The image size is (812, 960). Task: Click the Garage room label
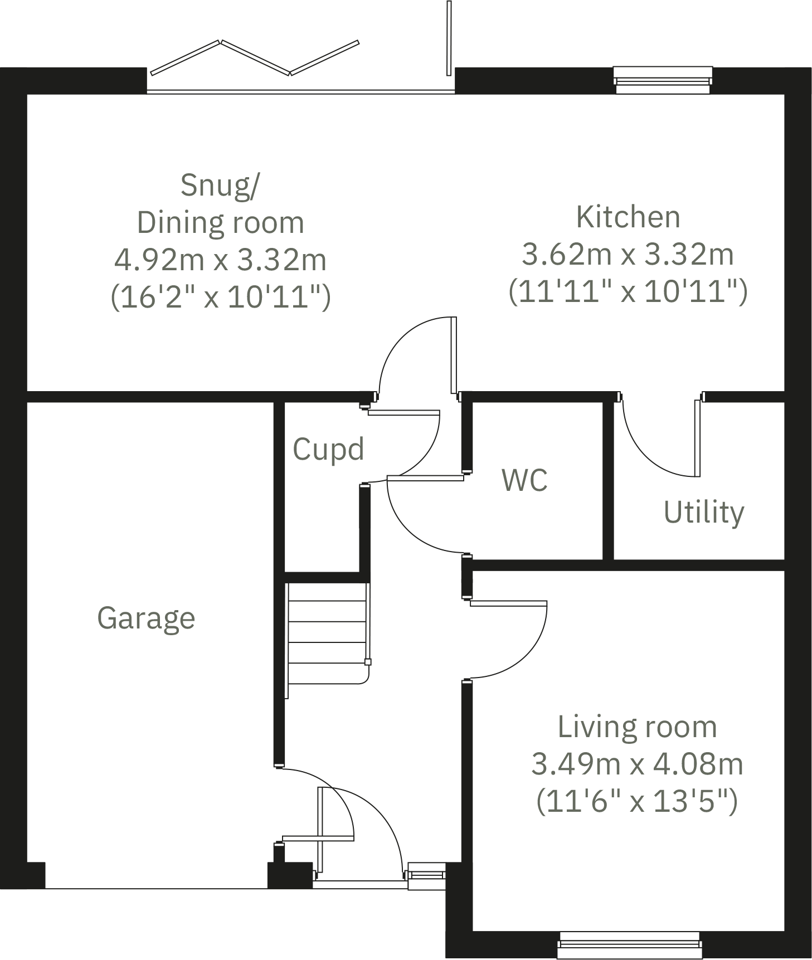tap(146, 618)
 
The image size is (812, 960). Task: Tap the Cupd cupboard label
tap(328, 449)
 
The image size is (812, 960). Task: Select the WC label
tap(524, 480)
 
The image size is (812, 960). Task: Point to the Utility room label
tap(703, 512)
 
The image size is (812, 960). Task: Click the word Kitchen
tap(628, 217)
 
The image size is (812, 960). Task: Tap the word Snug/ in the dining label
tap(220, 185)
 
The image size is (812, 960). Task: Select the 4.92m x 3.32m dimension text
tap(220, 260)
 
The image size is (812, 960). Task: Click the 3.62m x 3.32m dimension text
tap(628, 254)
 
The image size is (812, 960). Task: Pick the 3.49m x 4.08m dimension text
tap(637, 764)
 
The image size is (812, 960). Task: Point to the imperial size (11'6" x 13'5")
tap(637, 801)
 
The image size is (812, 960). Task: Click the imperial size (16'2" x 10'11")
tap(220, 296)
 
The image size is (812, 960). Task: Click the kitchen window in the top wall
tap(663, 80)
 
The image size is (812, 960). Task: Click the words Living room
tap(637, 727)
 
